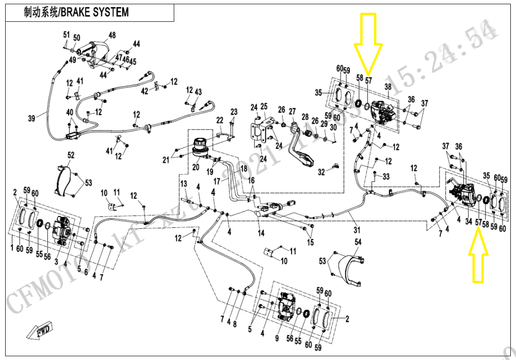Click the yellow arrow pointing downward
(x=368, y=44)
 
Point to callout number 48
(x=112, y=36)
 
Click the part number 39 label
(x=32, y=118)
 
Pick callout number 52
(x=71, y=155)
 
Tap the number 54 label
(x=358, y=242)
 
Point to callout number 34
(x=469, y=222)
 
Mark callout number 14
(x=261, y=233)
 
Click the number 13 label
(x=183, y=184)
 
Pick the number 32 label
(x=321, y=172)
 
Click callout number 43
(x=198, y=91)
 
